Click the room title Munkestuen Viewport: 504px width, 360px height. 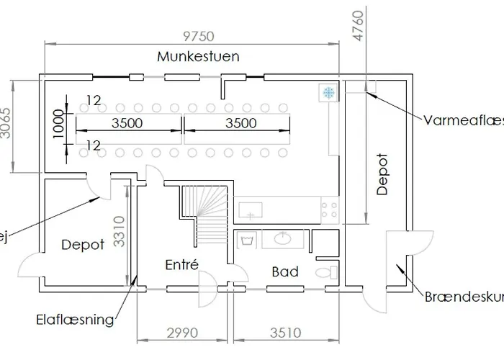[x=199, y=56]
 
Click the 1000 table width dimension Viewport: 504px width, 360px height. [x=59, y=122]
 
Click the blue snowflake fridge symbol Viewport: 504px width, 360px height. [x=328, y=92]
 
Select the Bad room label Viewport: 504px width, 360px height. [x=284, y=271]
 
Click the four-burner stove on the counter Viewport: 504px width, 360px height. [x=330, y=210]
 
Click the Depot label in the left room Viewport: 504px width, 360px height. [x=82, y=245]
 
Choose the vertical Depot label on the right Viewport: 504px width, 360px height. [x=382, y=174]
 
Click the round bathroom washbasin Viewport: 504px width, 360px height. [x=283, y=238]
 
